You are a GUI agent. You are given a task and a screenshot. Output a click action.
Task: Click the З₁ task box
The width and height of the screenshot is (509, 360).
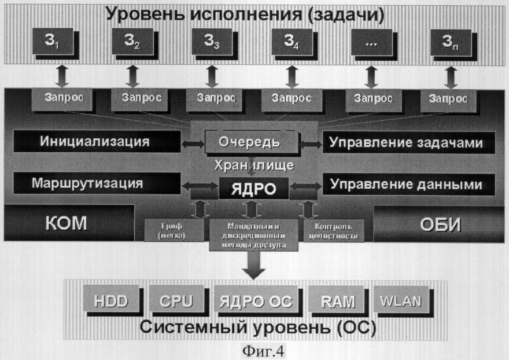coord(54,43)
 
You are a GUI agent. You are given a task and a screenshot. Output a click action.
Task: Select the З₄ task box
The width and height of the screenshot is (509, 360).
coord(292,43)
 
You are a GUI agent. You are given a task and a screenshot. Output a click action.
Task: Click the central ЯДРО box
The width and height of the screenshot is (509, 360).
coord(253,188)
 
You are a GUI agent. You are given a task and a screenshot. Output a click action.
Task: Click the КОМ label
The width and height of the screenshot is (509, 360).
coord(65,223)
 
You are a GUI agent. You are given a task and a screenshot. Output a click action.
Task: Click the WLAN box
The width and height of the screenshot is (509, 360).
coord(400,300)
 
